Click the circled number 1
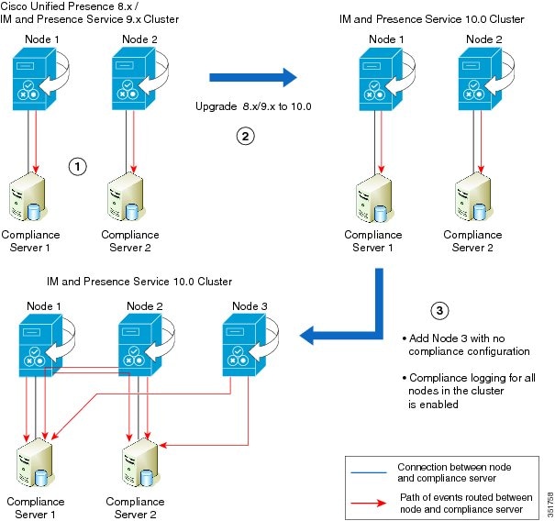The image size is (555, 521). point(78,166)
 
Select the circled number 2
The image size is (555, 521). point(245,137)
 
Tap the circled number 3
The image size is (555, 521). point(440,310)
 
